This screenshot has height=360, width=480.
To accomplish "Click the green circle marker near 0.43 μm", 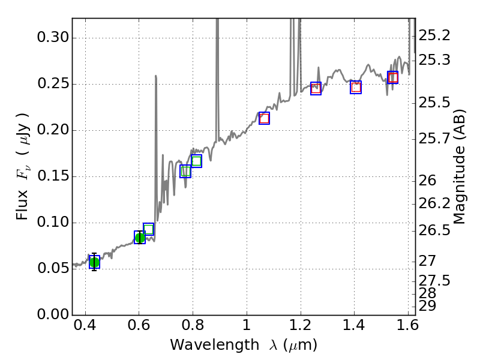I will click(x=94, y=262).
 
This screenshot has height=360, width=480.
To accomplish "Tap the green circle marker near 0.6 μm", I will click(x=140, y=238).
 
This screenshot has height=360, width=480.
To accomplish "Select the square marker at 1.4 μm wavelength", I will click(x=356, y=87).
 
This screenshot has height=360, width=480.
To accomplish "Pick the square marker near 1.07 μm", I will click(x=264, y=118).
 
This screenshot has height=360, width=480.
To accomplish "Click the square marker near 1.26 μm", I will click(x=316, y=88).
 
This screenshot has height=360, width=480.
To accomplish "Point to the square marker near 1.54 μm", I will click(x=392, y=77).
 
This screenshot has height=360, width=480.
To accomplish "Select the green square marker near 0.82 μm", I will click(x=196, y=161).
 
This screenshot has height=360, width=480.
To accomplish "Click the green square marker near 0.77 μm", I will click(x=185, y=171).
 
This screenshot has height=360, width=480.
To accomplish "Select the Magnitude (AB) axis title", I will click(x=460, y=167).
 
